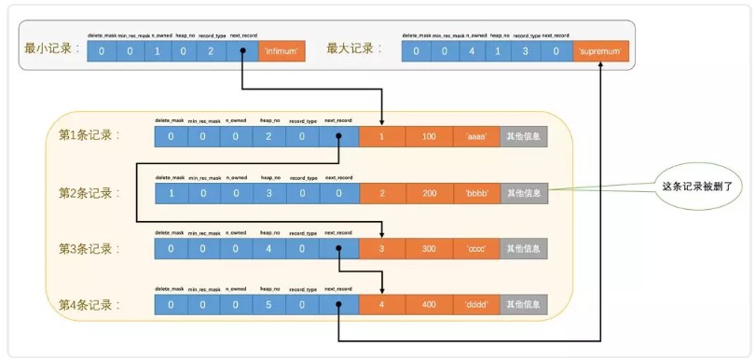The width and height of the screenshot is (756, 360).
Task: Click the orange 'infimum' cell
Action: [282, 52]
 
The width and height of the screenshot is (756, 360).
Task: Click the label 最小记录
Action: [50, 50]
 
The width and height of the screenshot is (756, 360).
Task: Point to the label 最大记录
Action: [356, 50]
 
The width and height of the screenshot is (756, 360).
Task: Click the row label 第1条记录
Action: [91, 136]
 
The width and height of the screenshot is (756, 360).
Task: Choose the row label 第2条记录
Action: [91, 193]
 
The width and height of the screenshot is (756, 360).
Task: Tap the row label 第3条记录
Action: [91, 249]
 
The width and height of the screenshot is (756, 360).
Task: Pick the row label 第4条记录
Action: [91, 304]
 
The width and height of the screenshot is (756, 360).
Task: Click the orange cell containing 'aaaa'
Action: [476, 137]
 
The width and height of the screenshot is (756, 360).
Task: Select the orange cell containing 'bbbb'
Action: [476, 193]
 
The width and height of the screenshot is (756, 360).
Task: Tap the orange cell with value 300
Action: [429, 249]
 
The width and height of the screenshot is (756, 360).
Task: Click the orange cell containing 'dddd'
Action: [476, 305]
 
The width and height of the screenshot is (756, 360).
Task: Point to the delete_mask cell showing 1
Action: [171, 193]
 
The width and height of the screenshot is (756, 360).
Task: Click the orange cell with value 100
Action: [429, 137]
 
